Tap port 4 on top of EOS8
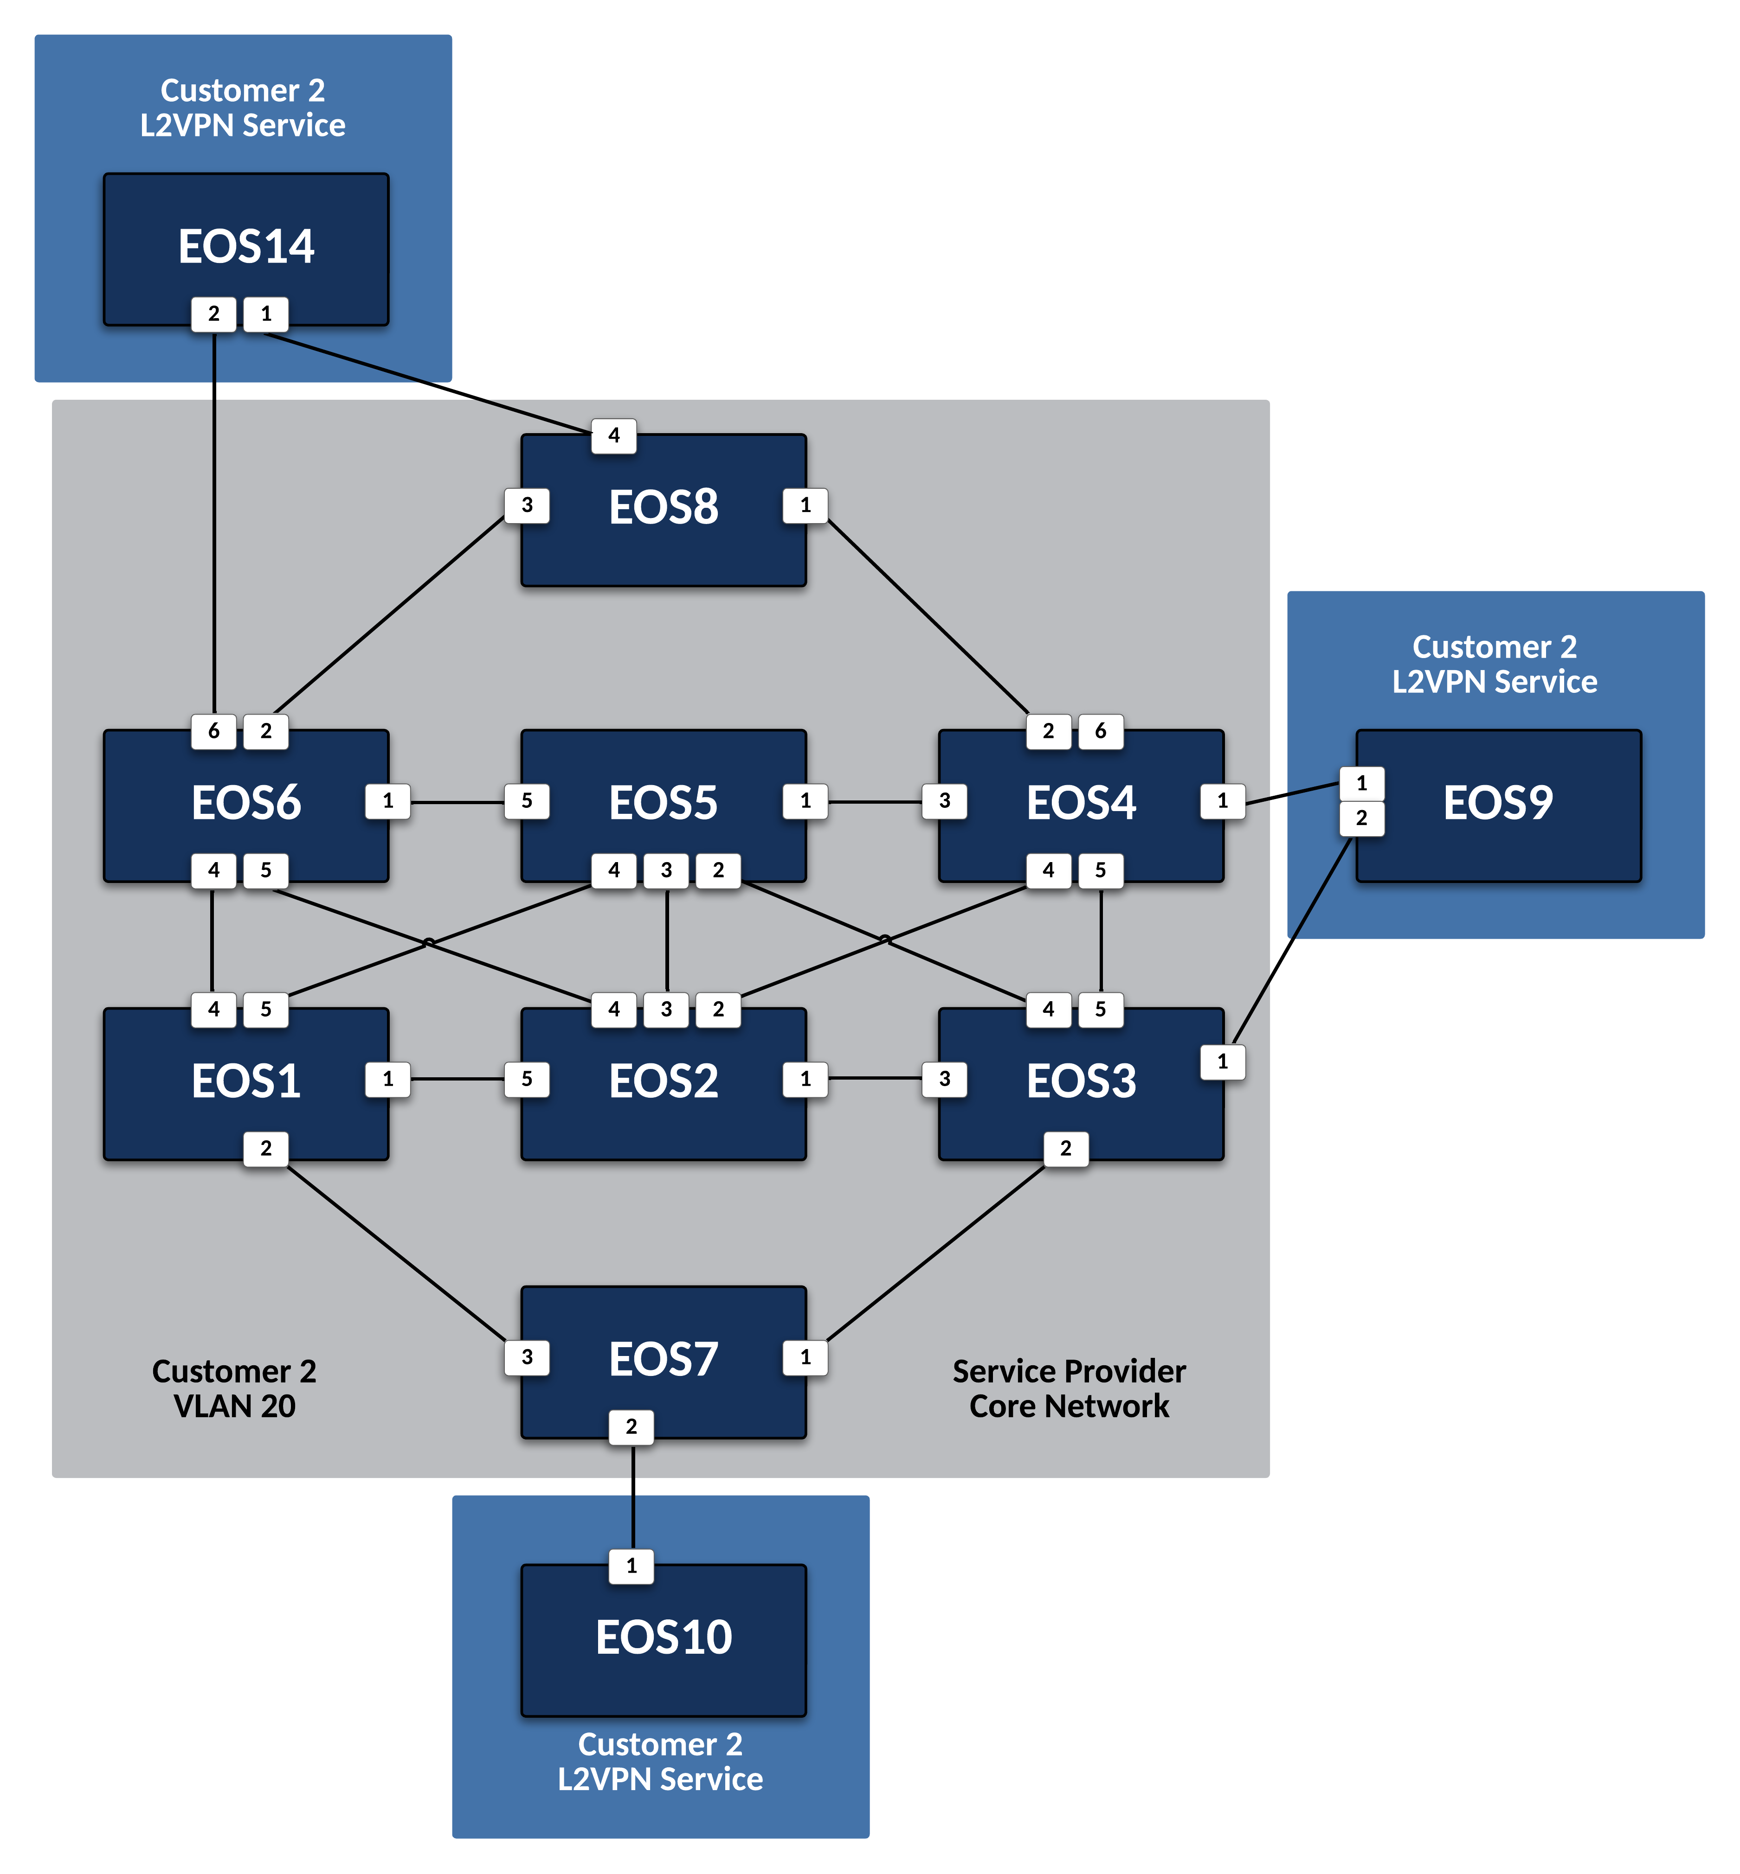coord(614,436)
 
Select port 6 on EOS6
coord(214,731)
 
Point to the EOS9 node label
coord(1498,803)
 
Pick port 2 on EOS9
coord(1361,818)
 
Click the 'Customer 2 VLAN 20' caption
coord(234,1388)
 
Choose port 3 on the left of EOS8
coord(527,505)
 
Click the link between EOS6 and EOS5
coord(458,802)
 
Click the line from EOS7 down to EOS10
coord(633,1497)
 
